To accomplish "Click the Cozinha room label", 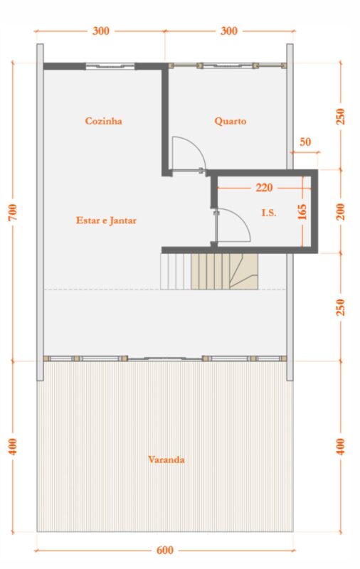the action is (x=103, y=121).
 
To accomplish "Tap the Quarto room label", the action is (x=230, y=121).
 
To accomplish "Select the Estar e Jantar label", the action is (x=106, y=220).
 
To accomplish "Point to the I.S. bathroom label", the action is (x=269, y=213).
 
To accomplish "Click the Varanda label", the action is (x=166, y=459).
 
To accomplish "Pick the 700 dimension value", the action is (x=12, y=212).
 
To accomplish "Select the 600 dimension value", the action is (x=165, y=550).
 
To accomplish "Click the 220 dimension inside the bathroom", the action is (x=264, y=188).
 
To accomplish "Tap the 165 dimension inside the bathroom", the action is (x=302, y=212).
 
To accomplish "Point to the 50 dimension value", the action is (x=305, y=142).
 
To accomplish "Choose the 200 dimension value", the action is (x=341, y=211).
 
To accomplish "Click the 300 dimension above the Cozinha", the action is (x=100, y=31).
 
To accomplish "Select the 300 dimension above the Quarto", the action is (x=229, y=31).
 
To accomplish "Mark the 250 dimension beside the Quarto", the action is (x=341, y=117).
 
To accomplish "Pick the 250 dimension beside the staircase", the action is (x=341, y=307).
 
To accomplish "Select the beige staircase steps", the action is (x=224, y=272).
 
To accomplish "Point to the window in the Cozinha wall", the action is (x=110, y=66).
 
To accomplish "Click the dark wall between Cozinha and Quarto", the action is (x=165, y=119).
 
